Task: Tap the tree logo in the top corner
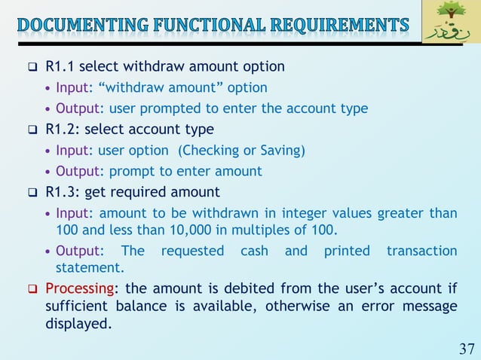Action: (x=450, y=22)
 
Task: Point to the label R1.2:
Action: (x=60, y=130)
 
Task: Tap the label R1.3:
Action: (x=60, y=192)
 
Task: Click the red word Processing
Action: (x=81, y=288)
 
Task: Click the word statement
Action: (x=90, y=267)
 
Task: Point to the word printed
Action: (x=347, y=251)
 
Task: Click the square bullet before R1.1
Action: (x=32, y=67)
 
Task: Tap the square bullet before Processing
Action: (x=32, y=289)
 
